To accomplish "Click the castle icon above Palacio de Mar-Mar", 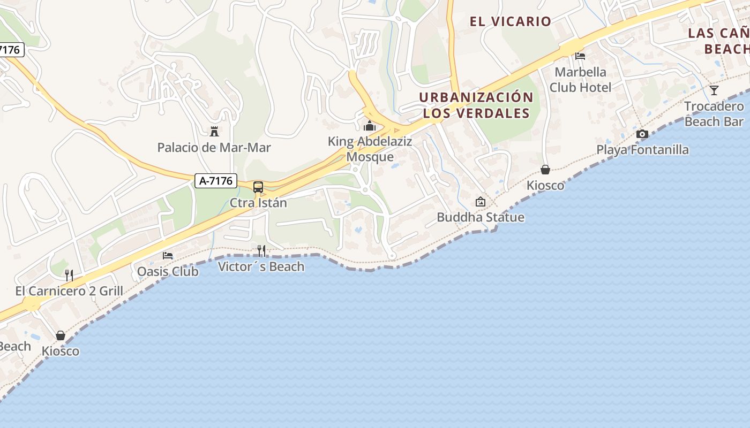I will pos(214,131).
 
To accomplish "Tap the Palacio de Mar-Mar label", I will pos(214,148).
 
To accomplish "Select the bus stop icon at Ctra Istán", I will pos(258,187).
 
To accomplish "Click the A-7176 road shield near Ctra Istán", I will pos(216,181).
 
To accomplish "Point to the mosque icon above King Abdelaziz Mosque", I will pos(369,126).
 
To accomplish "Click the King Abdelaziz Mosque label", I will pos(370,149).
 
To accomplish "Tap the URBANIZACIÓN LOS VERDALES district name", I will pos(476,105).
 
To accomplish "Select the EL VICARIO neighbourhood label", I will pos(510,21).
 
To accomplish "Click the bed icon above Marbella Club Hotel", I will pos(580,56).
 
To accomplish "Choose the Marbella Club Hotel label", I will pos(580,79).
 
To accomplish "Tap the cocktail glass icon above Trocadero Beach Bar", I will pos(714,90).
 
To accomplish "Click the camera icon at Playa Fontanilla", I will pos(642,134).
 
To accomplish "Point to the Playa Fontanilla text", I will pos(642,150).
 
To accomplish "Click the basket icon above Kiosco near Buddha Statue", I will pos(545,170).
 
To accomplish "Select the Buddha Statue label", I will pos(481,217).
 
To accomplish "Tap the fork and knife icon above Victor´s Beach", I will pos(261,250).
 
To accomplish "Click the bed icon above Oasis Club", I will pos(168,256).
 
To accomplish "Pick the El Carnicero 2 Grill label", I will pos(69,292).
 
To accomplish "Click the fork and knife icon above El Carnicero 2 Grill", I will pos(69,275).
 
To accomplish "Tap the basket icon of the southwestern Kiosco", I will pos(61,335).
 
